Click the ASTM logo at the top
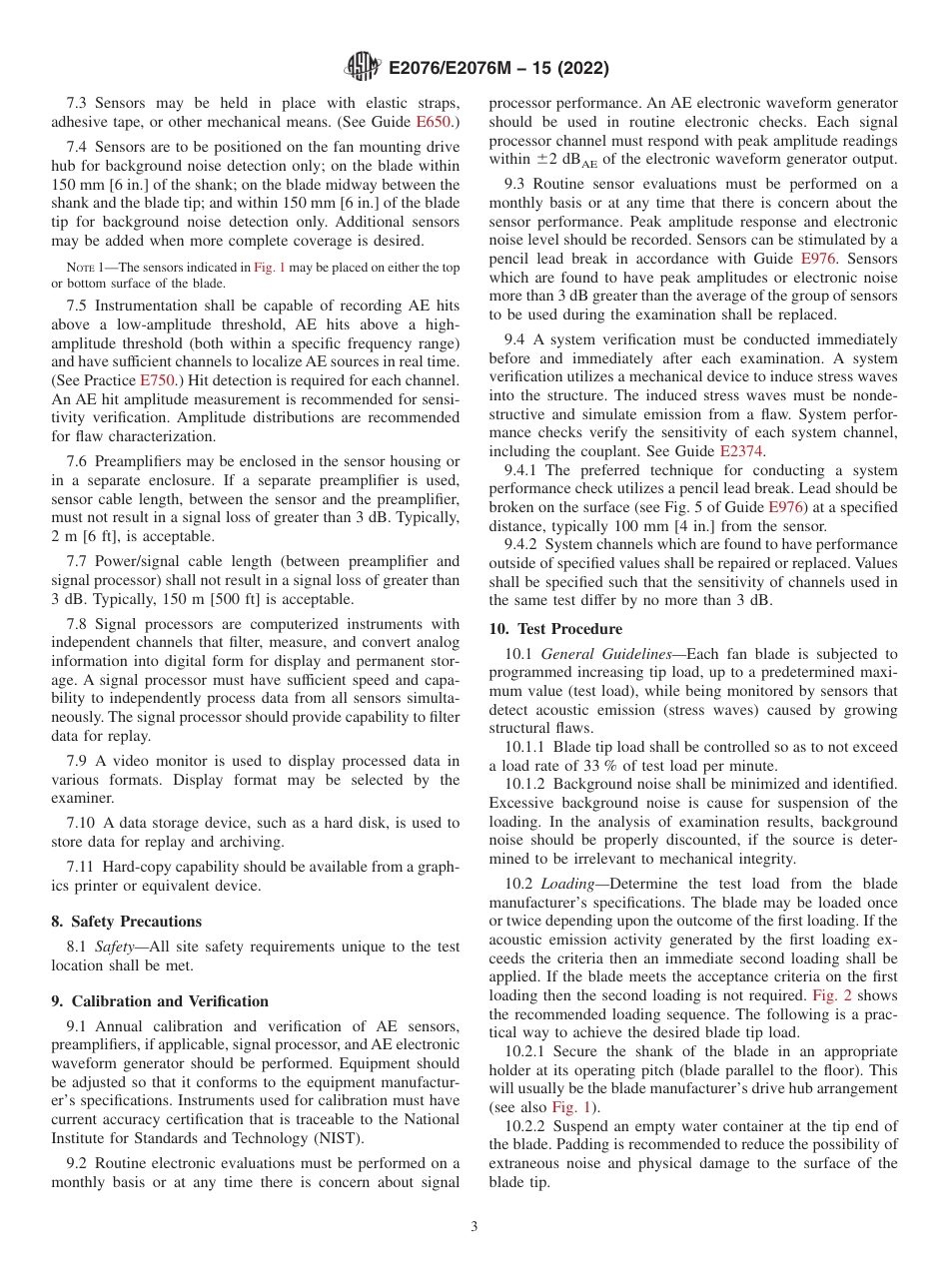361,68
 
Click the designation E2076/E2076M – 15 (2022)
496,69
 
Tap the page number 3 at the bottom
474,1227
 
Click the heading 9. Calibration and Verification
160,1001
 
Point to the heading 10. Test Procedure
555,629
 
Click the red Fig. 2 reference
831,996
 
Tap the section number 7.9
79,761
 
